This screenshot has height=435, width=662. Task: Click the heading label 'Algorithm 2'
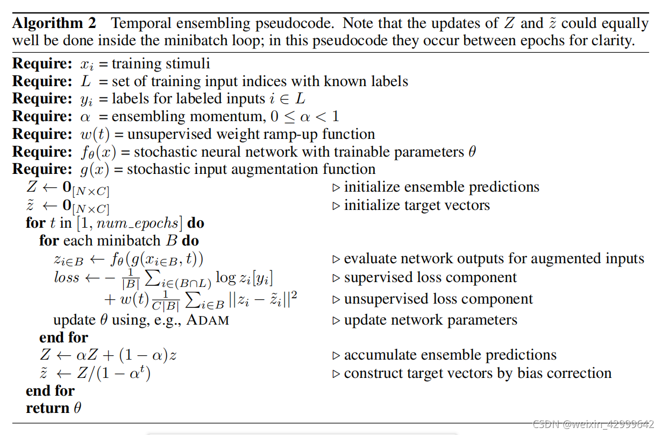coord(54,24)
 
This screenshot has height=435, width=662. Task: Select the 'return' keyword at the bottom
coord(48,408)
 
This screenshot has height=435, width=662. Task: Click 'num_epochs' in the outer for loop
coord(145,222)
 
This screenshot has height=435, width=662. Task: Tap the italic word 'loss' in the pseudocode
coord(67,278)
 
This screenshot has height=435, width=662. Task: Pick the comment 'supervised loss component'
coord(430,278)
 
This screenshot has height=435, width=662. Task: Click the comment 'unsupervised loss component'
coord(438,299)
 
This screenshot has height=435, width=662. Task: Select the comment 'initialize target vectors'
coord(417,205)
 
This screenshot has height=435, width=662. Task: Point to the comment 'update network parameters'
coord(430,320)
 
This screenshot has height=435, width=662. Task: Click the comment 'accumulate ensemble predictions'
coord(450,355)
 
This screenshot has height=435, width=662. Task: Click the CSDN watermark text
coord(592,424)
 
